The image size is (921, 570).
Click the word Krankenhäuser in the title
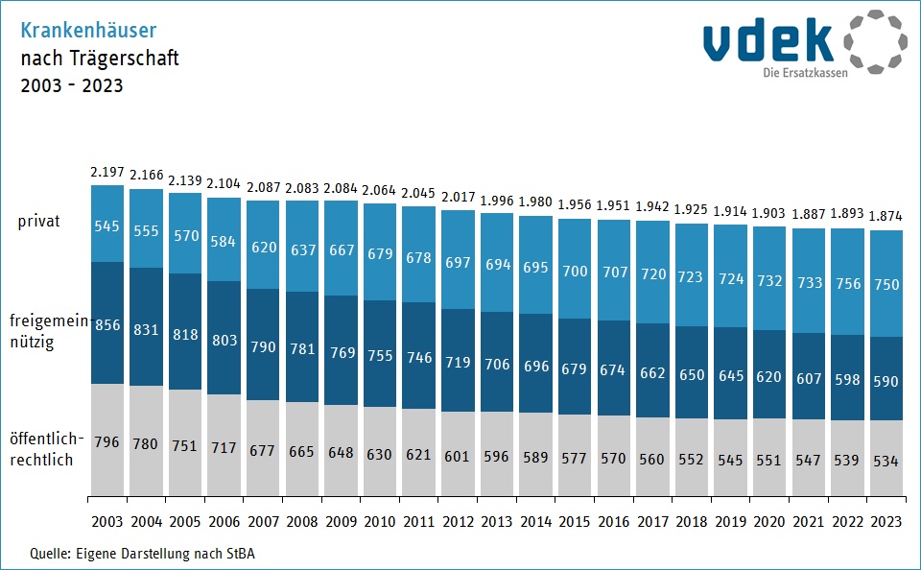88,30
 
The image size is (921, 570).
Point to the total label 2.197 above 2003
106,172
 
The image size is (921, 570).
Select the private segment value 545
106,226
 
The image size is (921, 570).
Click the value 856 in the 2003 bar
107,324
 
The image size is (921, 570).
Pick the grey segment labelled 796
107,439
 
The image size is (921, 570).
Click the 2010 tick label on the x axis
380,521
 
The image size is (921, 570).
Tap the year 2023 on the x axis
886,521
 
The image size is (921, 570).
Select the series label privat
38,222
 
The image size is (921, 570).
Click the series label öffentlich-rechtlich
46,449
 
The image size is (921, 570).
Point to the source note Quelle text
143,554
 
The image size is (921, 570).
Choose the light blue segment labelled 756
847,281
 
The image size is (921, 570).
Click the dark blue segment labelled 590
886,378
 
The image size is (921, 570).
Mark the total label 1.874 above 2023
886,216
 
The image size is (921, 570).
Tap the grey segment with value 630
380,451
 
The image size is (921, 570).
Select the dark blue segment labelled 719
458,360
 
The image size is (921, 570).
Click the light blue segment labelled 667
341,248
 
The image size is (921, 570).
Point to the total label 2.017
459,197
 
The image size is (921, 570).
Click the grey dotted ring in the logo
876,41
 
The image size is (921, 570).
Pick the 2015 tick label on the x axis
574,521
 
